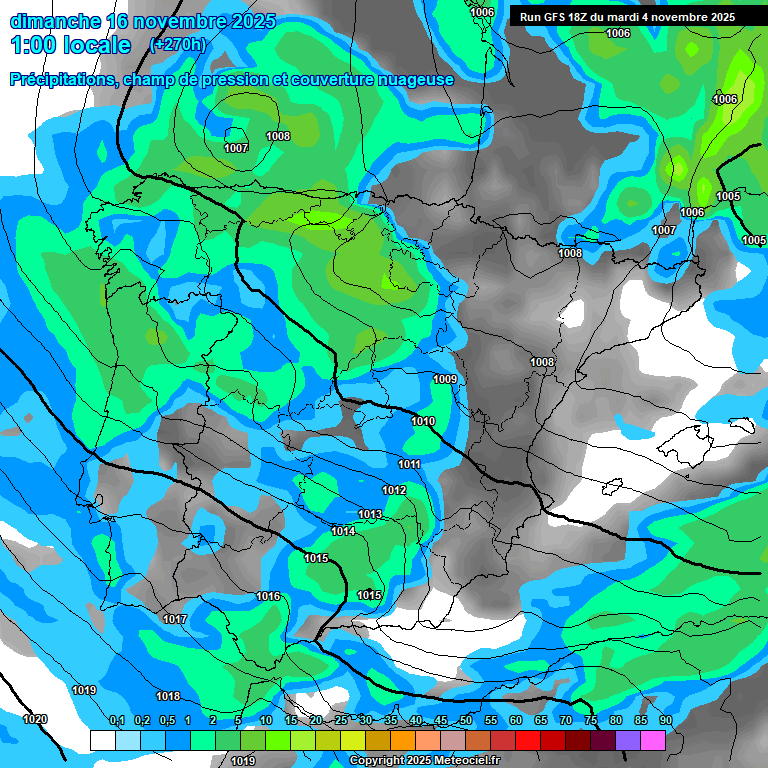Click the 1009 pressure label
click(x=445, y=379)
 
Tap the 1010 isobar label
click(x=423, y=421)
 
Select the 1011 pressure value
click(x=409, y=464)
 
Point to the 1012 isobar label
click(x=394, y=490)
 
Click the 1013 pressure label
click(x=370, y=514)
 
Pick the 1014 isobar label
click(x=343, y=531)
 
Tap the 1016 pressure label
click(x=268, y=596)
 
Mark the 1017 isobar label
click(x=175, y=619)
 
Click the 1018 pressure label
click(x=168, y=696)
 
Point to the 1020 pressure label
click(x=35, y=719)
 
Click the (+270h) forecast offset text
click(x=178, y=44)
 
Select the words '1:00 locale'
click(x=71, y=45)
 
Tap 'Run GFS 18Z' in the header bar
click(x=556, y=17)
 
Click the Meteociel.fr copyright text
click(x=424, y=761)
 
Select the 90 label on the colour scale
click(x=666, y=720)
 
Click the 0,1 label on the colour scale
click(x=117, y=720)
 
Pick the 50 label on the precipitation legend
click(x=466, y=720)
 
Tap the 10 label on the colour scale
click(x=266, y=720)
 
